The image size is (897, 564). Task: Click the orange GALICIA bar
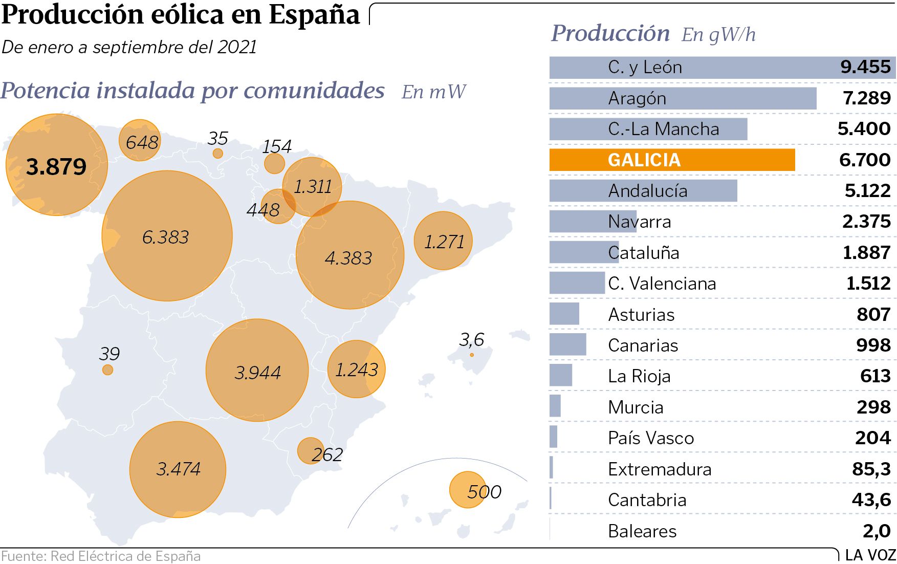click(x=671, y=160)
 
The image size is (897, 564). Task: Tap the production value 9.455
click(x=865, y=67)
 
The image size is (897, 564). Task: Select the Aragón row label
click(x=637, y=98)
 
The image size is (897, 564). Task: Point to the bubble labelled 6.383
click(x=167, y=236)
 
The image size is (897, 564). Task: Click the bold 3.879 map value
click(x=56, y=166)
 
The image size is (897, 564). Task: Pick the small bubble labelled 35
click(x=218, y=153)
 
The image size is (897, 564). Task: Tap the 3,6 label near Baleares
click(x=471, y=339)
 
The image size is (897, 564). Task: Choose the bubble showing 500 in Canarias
click(x=468, y=490)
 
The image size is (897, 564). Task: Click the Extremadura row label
click(x=660, y=469)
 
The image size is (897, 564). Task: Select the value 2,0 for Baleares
click(x=876, y=531)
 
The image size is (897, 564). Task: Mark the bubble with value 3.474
click(x=178, y=469)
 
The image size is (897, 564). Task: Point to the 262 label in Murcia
click(x=327, y=454)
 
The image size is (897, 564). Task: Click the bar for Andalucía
click(x=643, y=191)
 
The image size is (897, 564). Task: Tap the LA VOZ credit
click(x=870, y=555)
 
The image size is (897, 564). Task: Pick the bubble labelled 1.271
click(x=443, y=241)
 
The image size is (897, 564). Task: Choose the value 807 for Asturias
click(x=873, y=314)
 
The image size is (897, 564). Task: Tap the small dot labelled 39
click(x=107, y=370)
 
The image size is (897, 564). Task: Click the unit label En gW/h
click(x=718, y=35)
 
